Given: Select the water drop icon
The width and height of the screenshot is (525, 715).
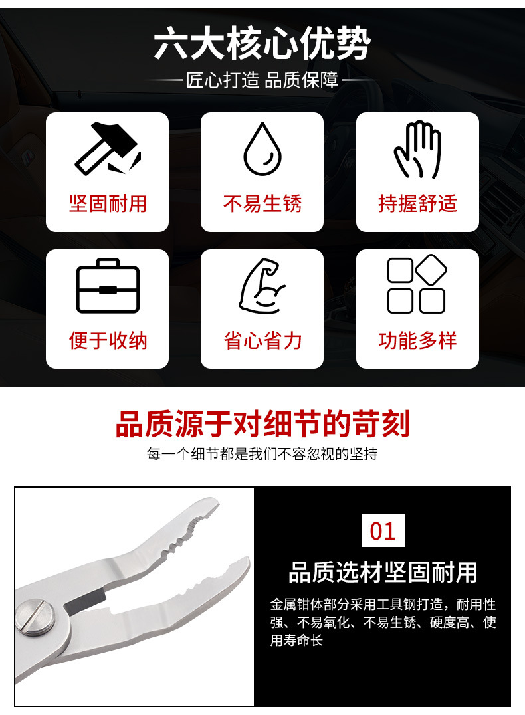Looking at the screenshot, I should (262, 149).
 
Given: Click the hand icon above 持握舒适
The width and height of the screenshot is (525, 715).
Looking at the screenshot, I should (417, 150).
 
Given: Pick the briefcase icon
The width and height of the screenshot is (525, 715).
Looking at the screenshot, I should (108, 286).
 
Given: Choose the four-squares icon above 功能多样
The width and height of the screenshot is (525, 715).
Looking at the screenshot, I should (417, 284).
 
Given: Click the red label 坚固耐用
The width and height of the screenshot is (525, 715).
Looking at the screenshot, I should (108, 203).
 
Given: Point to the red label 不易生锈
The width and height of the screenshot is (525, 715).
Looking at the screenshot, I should (262, 203).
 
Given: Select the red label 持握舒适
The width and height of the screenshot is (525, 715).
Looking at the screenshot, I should (417, 203).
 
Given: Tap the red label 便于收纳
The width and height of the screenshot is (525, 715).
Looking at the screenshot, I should (108, 340).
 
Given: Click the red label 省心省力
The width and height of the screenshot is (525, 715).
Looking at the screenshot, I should (262, 340).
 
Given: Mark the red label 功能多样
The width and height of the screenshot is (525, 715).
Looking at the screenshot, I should (417, 340).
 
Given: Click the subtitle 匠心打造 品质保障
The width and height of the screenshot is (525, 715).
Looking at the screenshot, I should (262, 81).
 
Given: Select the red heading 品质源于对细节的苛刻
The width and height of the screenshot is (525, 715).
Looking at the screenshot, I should (262, 424).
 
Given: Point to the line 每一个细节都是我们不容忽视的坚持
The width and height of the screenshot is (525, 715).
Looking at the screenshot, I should (262, 455).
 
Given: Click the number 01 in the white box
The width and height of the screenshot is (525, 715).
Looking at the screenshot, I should (382, 530).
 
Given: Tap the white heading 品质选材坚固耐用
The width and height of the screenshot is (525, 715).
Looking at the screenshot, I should (383, 571).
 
